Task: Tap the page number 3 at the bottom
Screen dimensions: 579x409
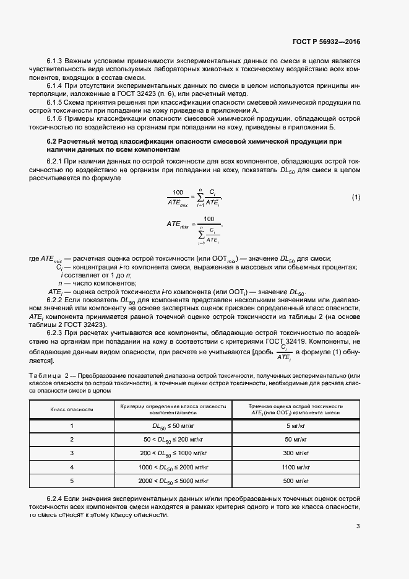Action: [358, 526]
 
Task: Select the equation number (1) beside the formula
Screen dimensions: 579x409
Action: [356, 198]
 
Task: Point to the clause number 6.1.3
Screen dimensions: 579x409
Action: [56, 61]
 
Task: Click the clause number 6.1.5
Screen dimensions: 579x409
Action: [56, 102]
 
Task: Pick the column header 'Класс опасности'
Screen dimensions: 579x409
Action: [72, 409]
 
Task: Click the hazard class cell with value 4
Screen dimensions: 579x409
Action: [72, 466]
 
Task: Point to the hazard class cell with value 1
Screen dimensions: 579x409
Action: [72, 425]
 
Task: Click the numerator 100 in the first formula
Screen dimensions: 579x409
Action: [179, 192]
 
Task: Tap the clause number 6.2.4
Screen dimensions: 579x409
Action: [56, 498]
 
